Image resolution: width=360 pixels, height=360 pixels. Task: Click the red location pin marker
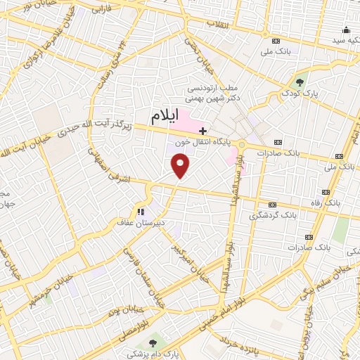[x=181, y=166]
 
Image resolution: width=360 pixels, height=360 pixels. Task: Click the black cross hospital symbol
[x=203, y=131]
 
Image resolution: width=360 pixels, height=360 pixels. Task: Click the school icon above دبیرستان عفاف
[x=141, y=211]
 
